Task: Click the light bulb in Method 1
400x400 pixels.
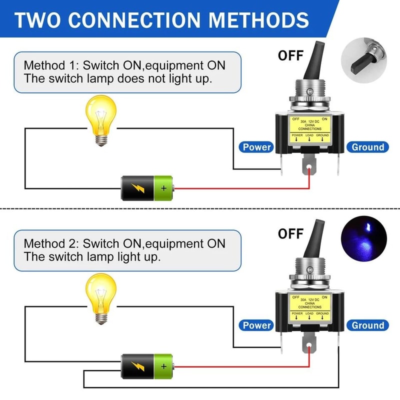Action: click(101, 119)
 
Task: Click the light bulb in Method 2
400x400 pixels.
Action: click(101, 297)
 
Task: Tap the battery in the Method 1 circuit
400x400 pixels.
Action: click(147, 188)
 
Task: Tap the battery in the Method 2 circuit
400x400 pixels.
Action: click(147, 366)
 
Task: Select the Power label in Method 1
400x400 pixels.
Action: click(256, 147)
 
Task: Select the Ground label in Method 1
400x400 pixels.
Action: click(368, 147)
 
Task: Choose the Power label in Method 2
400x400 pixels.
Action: click(256, 325)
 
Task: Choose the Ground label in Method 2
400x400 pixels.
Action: click(368, 325)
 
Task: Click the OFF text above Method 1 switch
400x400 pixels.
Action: click(290, 55)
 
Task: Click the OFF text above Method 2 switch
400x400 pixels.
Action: click(290, 233)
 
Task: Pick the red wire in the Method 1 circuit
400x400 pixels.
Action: click(240, 188)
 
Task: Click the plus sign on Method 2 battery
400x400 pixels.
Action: click(163, 366)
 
